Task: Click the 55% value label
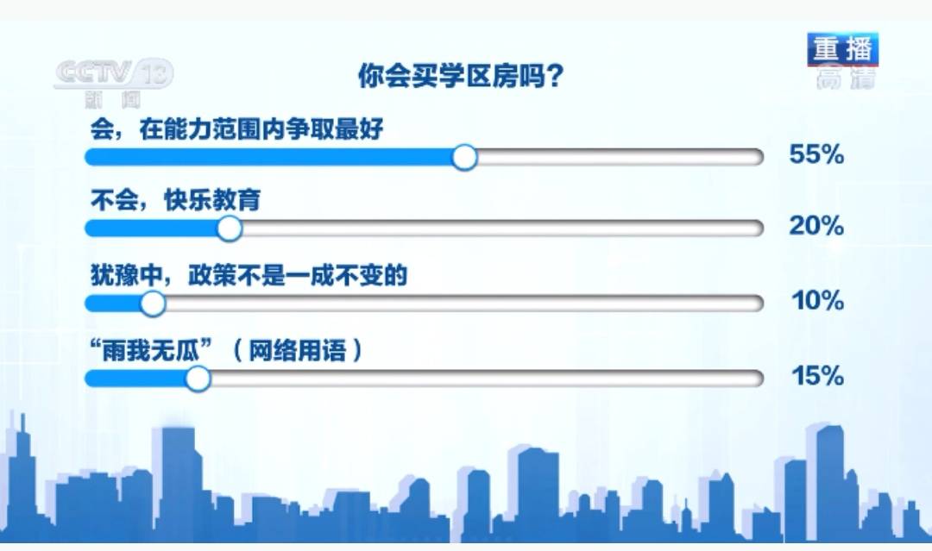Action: (x=815, y=155)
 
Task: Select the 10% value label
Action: (x=816, y=301)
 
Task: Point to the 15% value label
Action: (x=816, y=377)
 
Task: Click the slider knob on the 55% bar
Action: (x=465, y=157)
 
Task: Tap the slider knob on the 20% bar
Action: (x=230, y=229)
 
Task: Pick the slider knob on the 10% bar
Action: (x=153, y=304)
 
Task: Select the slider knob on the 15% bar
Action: (x=198, y=379)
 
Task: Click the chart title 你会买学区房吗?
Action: (x=461, y=77)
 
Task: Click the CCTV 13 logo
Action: (x=113, y=73)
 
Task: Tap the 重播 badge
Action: (x=842, y=49)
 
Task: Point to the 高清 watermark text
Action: (x=845, y=78)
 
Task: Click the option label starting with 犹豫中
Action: (x=248, y=276)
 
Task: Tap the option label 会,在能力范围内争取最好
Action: (x=236, y=129)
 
